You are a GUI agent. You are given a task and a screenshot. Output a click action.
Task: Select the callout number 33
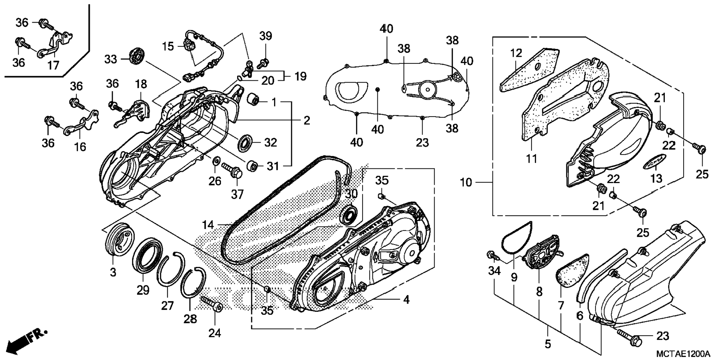[111, 59]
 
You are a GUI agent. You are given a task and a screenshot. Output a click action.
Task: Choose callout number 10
[466, 183]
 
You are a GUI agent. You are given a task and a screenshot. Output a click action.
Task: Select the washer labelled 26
[216, 161]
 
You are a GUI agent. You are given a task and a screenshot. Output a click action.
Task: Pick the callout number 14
[208, 225]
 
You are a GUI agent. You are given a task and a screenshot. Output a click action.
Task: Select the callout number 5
[548, 343]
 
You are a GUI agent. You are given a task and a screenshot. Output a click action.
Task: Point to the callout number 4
[406, 300]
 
